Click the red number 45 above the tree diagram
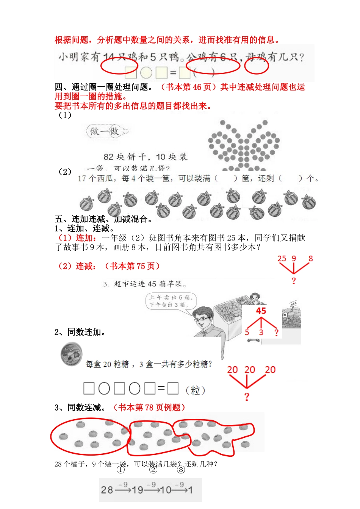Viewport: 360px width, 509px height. [261, 311]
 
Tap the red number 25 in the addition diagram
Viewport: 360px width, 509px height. [282, 259]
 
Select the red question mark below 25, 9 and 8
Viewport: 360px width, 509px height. [294, 281]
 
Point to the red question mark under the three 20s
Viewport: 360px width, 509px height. [247, 397]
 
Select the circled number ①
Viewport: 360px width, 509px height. [121, 470]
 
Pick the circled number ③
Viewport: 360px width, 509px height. [181, 470]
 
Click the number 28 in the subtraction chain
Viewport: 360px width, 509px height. [107, 490]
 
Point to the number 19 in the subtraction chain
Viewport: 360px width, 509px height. [138, 490]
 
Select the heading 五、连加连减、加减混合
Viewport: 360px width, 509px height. [104, 219]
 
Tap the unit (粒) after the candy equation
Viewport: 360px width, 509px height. [196, 390]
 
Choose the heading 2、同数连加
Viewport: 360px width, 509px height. [80, 333]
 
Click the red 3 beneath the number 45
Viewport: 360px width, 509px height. [261, 333]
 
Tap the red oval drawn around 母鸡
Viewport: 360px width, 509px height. [257, 66]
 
